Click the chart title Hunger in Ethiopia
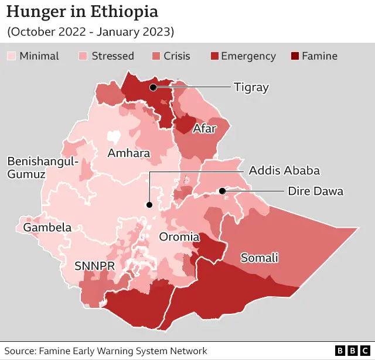pyautogui.click(x=82, y=12)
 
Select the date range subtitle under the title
pyautogui.click(x=90, y=32)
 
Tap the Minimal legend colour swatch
pyautogui.click(x=11, y=56)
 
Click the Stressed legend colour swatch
pyautogui.click(x=84, y=56)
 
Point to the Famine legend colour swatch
pyautogui.click(x=294, y=56)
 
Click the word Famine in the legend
pyautogui.click(x=319, y=56)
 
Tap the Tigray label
pyautogui.click(x=251, y=87)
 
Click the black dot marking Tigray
pyautogui.click(x=153, y=87)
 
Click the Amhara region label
pyautogui.click(x=128, y=153)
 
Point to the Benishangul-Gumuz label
pyautogui.click(x=42, y=167)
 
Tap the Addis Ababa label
pyautogui.click(x=284, y=171)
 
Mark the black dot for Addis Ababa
pyautogui.click(x=149, y=205)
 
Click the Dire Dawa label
pyautogui.click(x=315, y=191)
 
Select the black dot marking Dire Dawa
pyautogui.click(x=222, y=191)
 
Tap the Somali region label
pyautogui.click(x=259, y=258)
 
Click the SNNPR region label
pyautogui.click(x=94, y=265)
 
